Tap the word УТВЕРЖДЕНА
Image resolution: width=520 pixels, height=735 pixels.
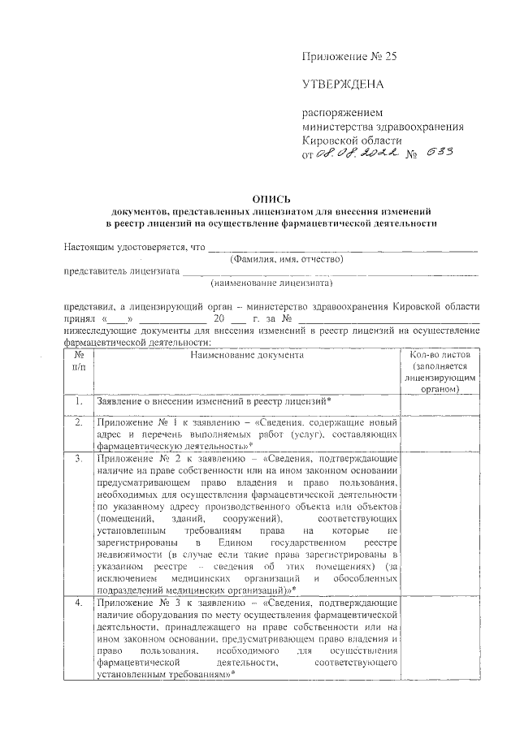click(x=342, y=84)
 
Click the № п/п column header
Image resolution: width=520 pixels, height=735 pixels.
click(x=79, y=361)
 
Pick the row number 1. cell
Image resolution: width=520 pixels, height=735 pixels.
click(x=79, y=401)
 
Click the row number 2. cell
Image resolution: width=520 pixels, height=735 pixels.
click(x=79, y=424)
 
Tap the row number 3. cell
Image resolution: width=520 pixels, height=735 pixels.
click(x=79, y=459)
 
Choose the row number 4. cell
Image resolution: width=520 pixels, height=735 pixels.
click(x=79, y=605)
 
